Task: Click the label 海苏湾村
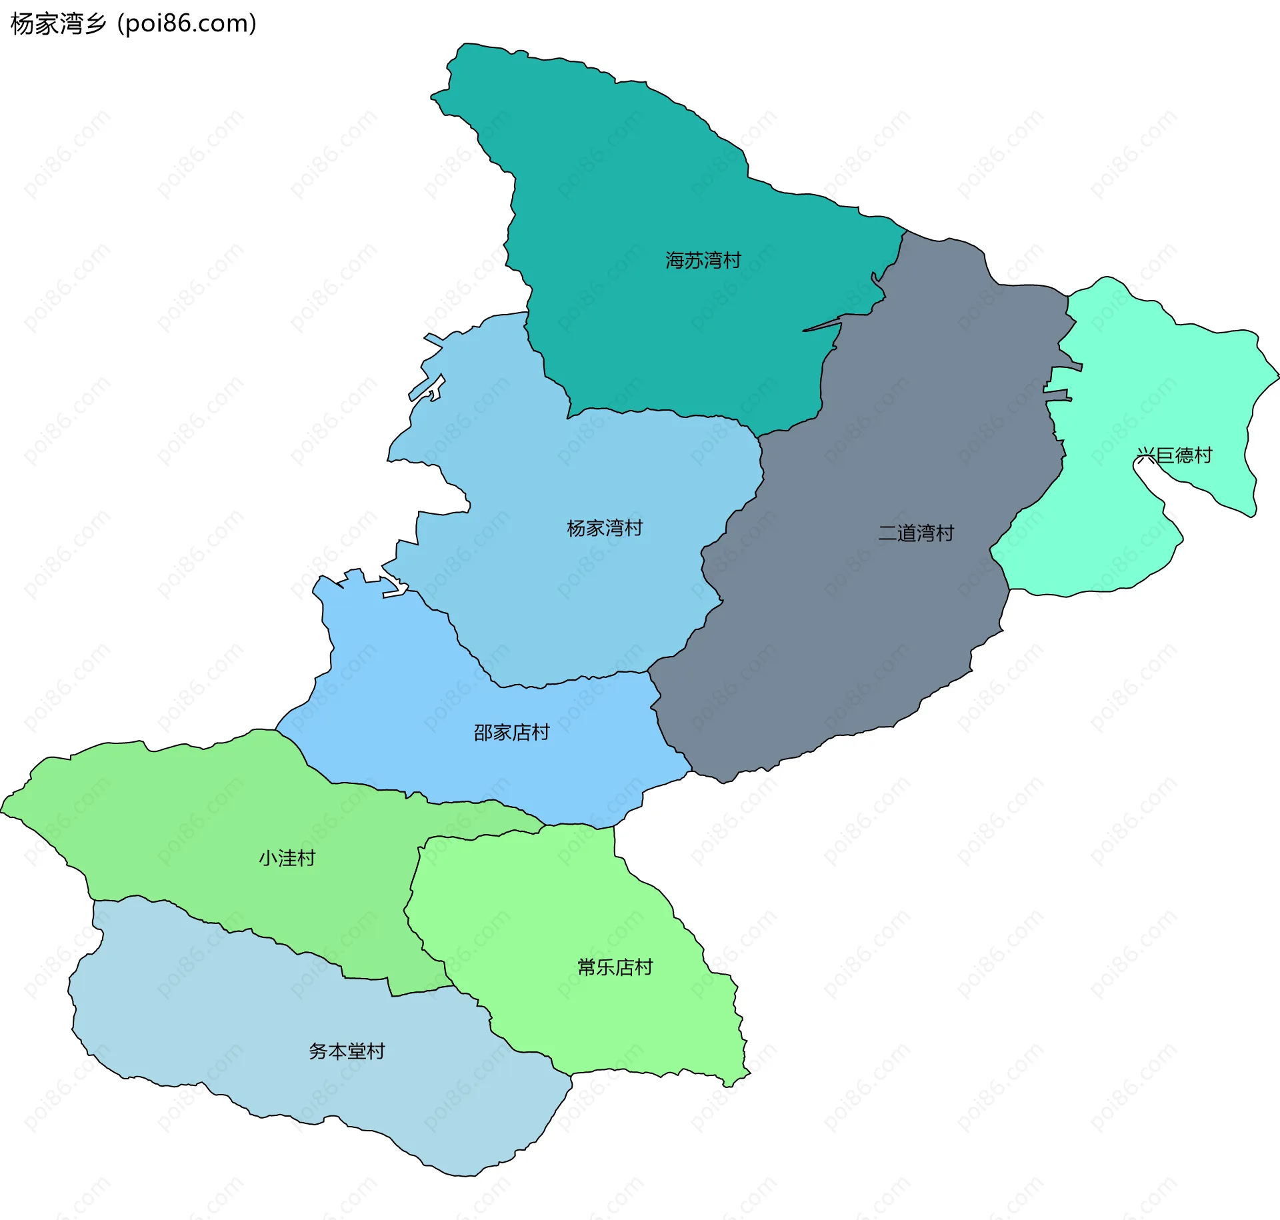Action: [703, 260]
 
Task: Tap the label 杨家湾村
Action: [605, 528]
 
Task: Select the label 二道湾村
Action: [916, 533]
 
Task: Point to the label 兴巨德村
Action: [1174, 455]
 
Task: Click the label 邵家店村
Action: [511, 733]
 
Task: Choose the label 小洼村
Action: [287, 858]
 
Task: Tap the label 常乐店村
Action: [615, 967]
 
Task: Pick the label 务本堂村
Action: [347, 1051]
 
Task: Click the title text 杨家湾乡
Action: [59, 24]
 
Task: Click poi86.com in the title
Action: [187, 24]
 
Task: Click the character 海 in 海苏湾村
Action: [675, 260]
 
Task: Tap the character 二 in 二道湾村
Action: [888, 533]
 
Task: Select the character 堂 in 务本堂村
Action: [356, 1051]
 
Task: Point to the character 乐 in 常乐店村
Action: [605, 967]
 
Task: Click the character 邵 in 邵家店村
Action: [483, 733]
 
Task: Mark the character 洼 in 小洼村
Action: [287, 858]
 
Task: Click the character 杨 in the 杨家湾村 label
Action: [577, 528]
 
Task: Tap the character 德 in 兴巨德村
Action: [1184, 455]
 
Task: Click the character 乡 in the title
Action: [95, 24]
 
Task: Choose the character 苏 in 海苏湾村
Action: [694, 260]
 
